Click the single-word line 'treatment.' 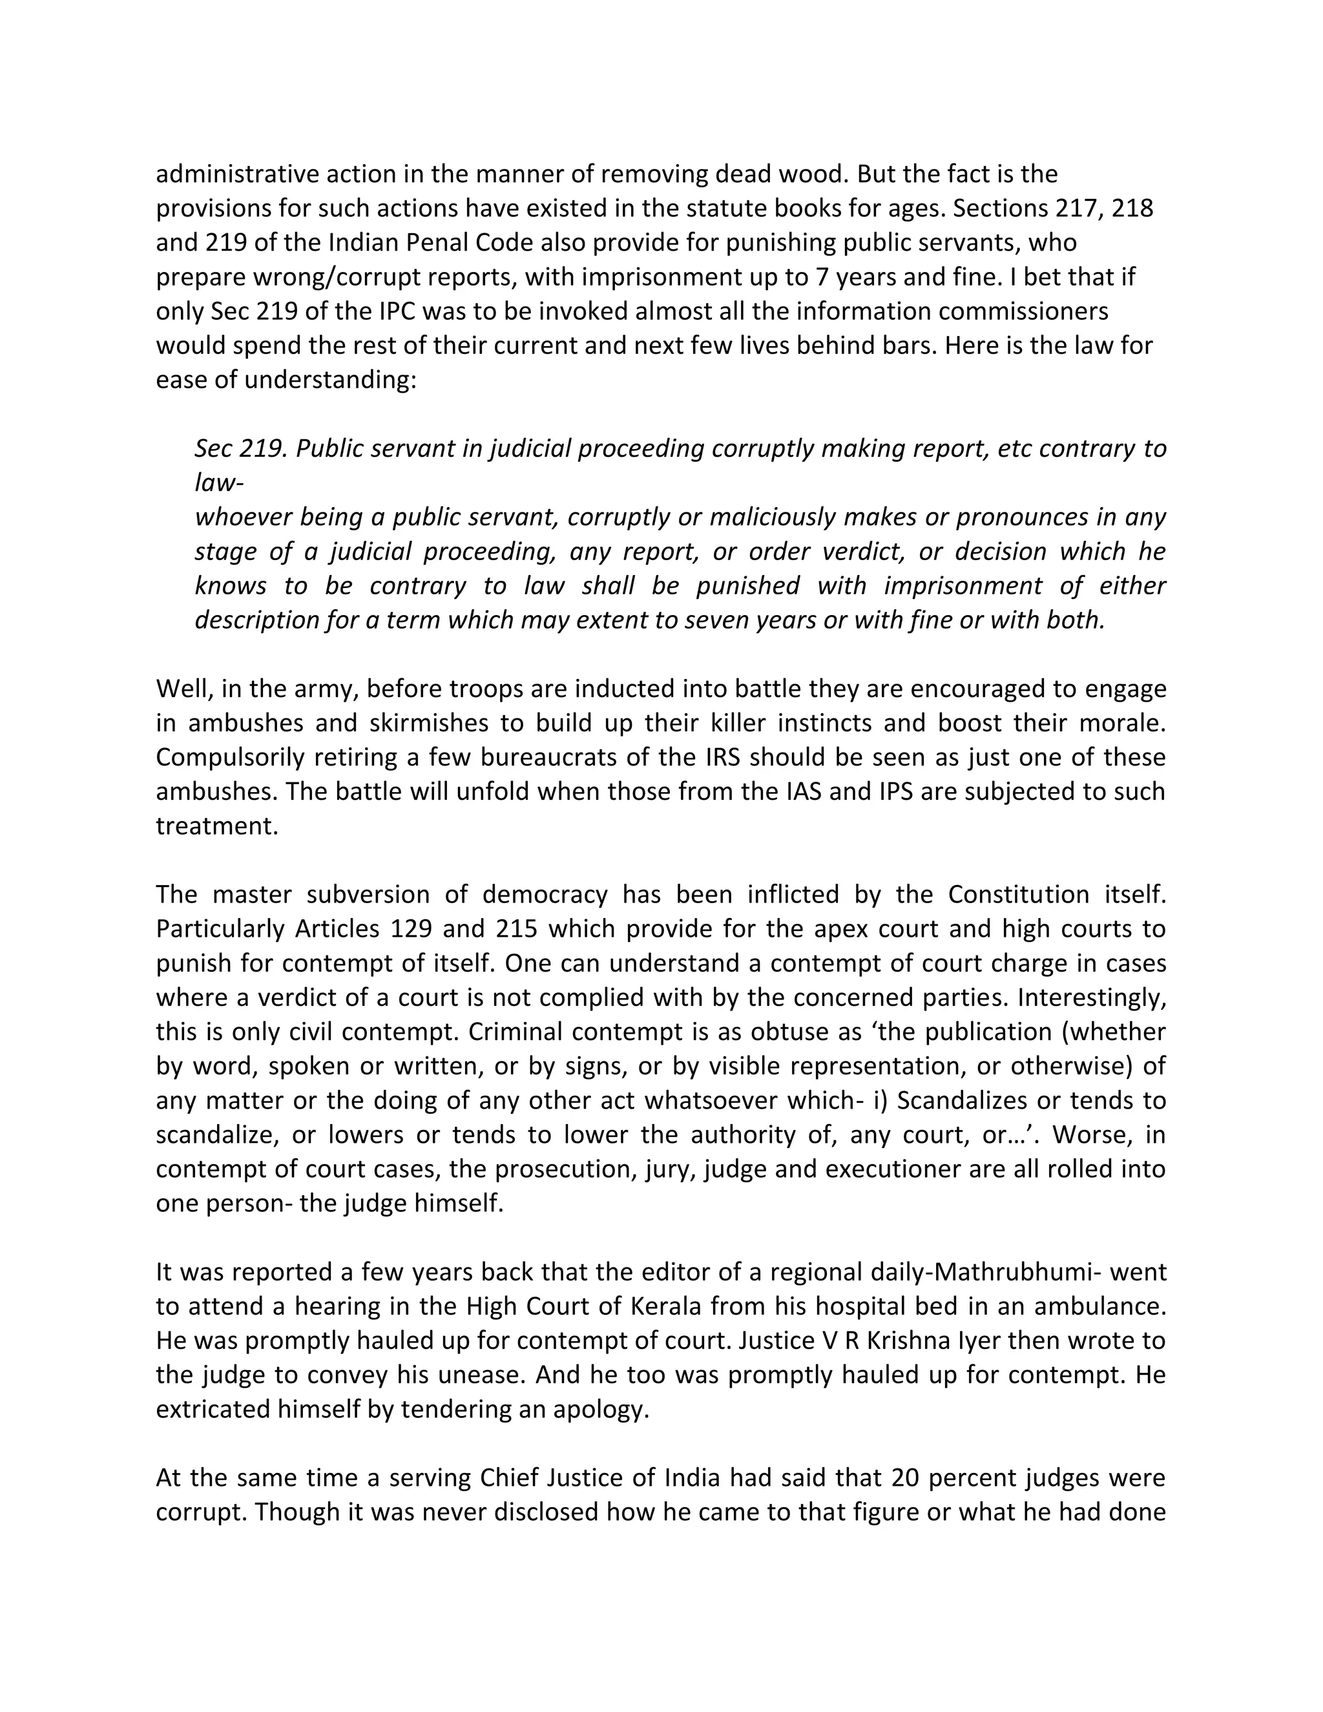click(217, 826)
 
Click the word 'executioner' click(902, 1169)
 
